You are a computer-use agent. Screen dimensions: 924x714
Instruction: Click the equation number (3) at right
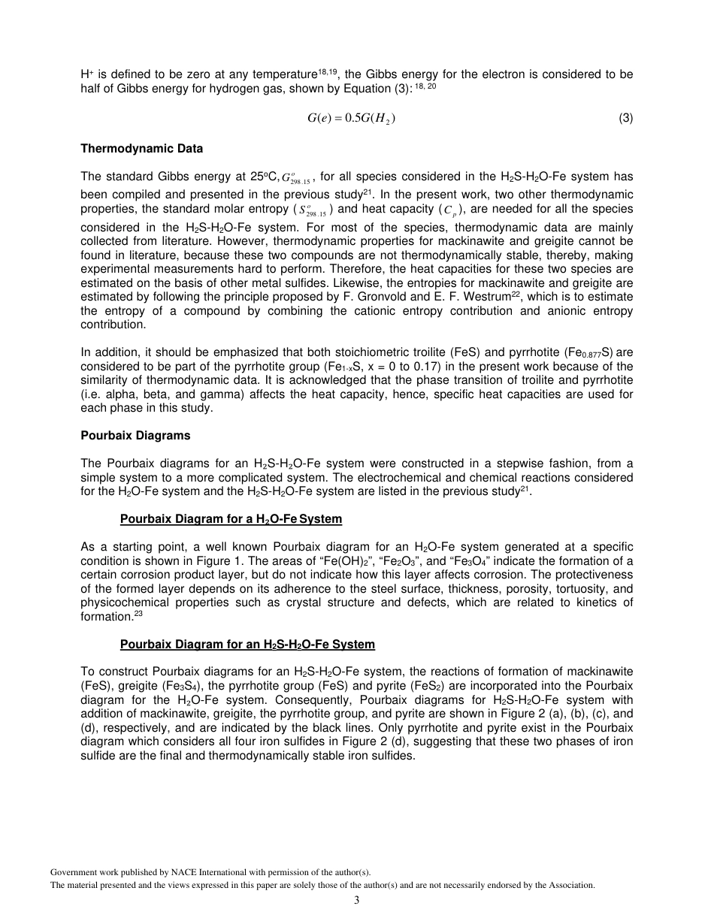click(x=625, y=118)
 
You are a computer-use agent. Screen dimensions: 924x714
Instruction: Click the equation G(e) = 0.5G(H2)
click(x=351, y=118)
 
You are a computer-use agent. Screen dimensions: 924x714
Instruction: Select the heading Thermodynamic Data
click(x=141, y=149)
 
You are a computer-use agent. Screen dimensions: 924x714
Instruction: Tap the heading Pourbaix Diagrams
click(x=135, y=436)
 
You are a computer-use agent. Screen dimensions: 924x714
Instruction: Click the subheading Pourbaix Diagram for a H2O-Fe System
click(x=231, y=519)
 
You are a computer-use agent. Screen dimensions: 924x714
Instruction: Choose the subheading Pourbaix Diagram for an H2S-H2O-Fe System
click(x=247, y=645)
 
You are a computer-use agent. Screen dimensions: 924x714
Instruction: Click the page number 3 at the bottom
click(x=357, y=900)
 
